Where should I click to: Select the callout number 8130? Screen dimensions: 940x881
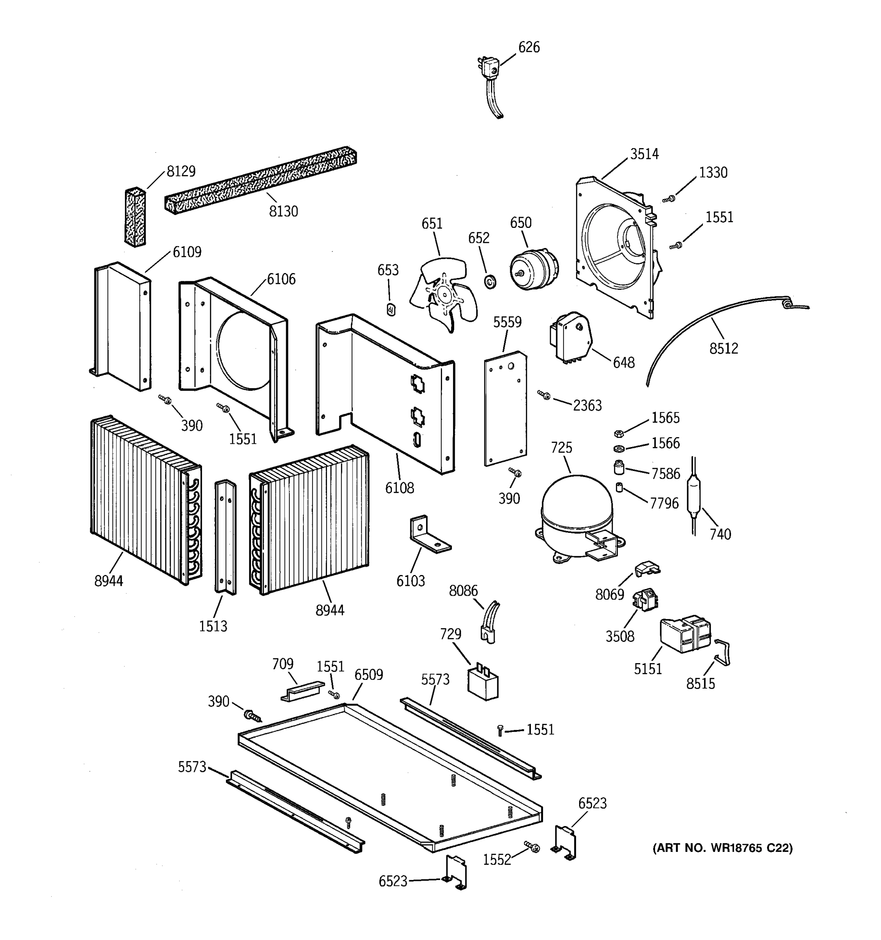point(283,211)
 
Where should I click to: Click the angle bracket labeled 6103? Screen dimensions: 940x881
point(428,534)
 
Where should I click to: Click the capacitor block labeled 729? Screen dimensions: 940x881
point(482,682)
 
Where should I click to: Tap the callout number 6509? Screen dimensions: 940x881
point(369,675)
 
